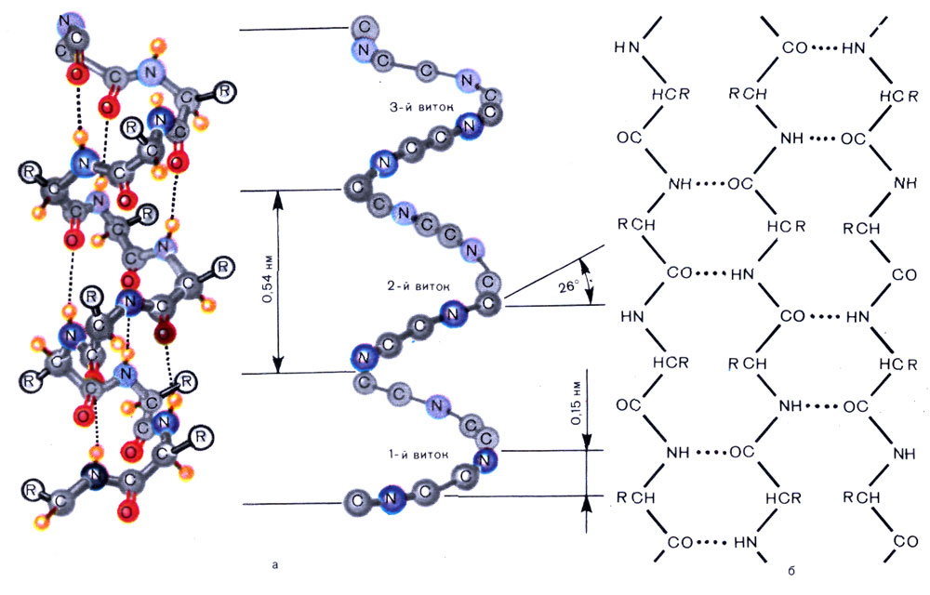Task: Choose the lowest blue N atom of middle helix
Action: click(392, 498)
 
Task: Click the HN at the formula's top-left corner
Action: click(630, 46)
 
